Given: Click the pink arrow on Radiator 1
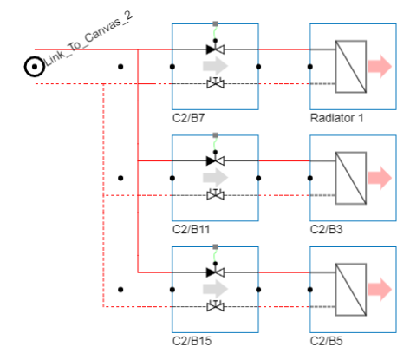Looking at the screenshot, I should click(x=378, y=66).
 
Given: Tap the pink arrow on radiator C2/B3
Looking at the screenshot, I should click(x=378, y=177).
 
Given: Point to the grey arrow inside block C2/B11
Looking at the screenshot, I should click(x=215, y=177).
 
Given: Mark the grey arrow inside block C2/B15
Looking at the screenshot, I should click(x=215, y=288).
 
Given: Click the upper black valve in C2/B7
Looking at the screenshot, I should click(x=215, y=49).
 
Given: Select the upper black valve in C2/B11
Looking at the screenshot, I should click(x=215, y=160).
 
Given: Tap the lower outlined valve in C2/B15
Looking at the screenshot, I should click(x=215, y=306).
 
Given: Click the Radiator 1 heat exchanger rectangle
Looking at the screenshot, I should click(x=350, y=66).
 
